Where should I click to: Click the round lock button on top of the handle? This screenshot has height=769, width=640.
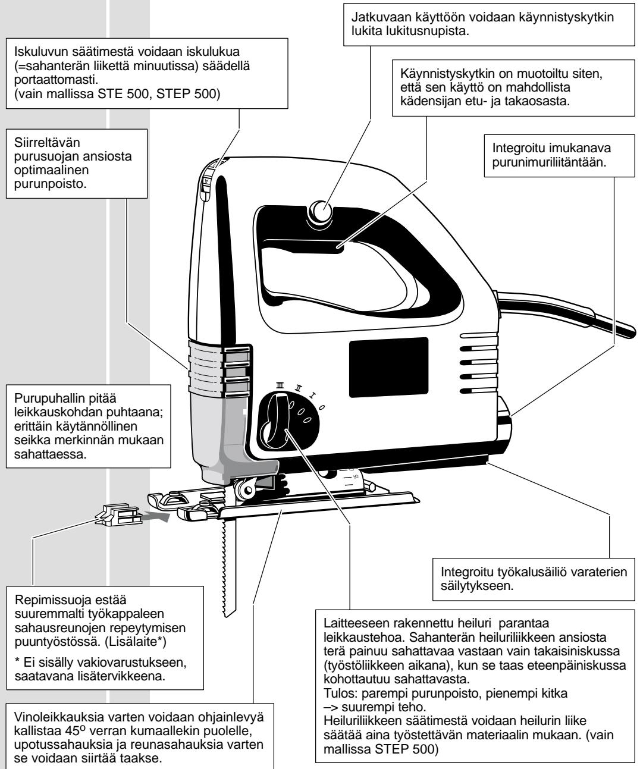coord(321,211)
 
